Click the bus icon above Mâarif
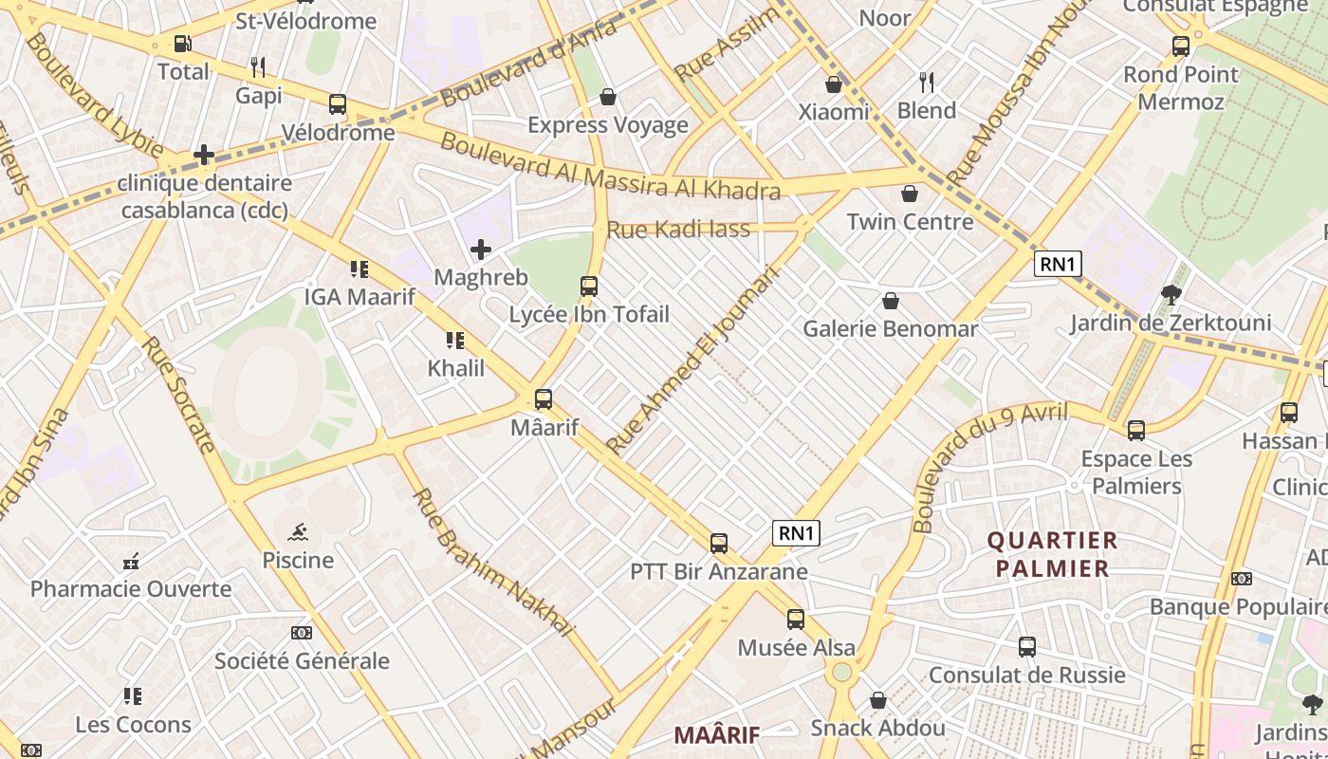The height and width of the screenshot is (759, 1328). click(x=544, y=399)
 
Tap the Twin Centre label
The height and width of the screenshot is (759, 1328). click(x=910, y=221)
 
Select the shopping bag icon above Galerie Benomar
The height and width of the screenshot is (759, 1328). click(x=891, y=302)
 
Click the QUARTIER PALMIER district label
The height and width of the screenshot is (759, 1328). click(x=1052, y=555)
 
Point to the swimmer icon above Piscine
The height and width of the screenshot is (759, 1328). click(x=298, y=531)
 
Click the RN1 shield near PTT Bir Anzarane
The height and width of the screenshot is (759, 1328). click(x=797, y=533)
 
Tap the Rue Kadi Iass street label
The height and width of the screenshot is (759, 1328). click(x=678, y=229)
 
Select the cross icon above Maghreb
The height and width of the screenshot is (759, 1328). click(x=481, y=250)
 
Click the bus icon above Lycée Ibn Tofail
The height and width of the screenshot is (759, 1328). click(x=589, y=286)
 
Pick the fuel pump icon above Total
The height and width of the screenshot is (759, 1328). click(x=182, y=44)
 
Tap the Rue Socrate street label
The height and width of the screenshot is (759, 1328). click(x=178, y=393)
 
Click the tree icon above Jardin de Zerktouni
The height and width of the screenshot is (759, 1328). click(x=1171, y=295)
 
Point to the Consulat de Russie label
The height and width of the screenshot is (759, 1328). click(x=1026, y=675)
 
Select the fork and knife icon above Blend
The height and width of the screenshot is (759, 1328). click(x=927, y=83)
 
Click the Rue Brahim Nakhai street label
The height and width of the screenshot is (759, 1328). click(x=493, y=562)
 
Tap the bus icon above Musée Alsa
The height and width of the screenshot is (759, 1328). click(x=796, y=620)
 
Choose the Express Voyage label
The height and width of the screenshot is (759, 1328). click(x=608, y=125)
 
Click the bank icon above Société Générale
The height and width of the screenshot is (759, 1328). click(x=302, y=632)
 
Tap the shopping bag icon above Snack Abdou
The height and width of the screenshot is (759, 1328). click(x=878, y=700)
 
